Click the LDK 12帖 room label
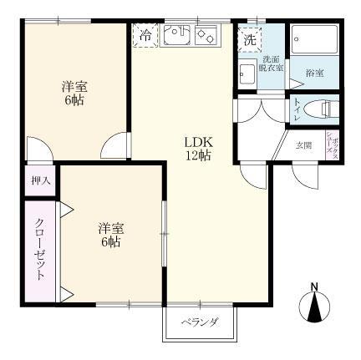(x=197, y=148)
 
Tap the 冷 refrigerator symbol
(x=145, y=36)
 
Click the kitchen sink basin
(x=176, y=35)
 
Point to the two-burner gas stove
(x=205, y=36)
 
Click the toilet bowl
(x=320, y=108)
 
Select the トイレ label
(x=298, y=109)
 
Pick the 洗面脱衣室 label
(x=270, y=66)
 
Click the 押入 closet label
(x=41, y=180)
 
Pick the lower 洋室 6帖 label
(x=109, y=234)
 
